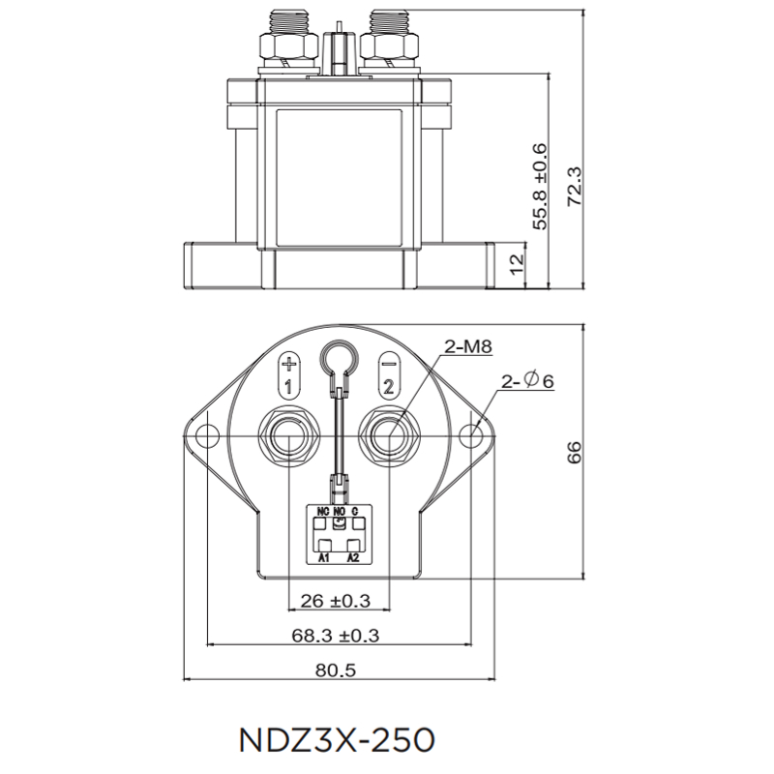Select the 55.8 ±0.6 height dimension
point(539,186)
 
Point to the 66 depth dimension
point(573,452)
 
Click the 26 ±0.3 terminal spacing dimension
point(336,600)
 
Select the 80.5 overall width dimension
point(336,670)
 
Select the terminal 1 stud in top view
point(288,435)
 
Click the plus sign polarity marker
point(288,366)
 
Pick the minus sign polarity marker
point(387,366)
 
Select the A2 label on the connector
point(353,558)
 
